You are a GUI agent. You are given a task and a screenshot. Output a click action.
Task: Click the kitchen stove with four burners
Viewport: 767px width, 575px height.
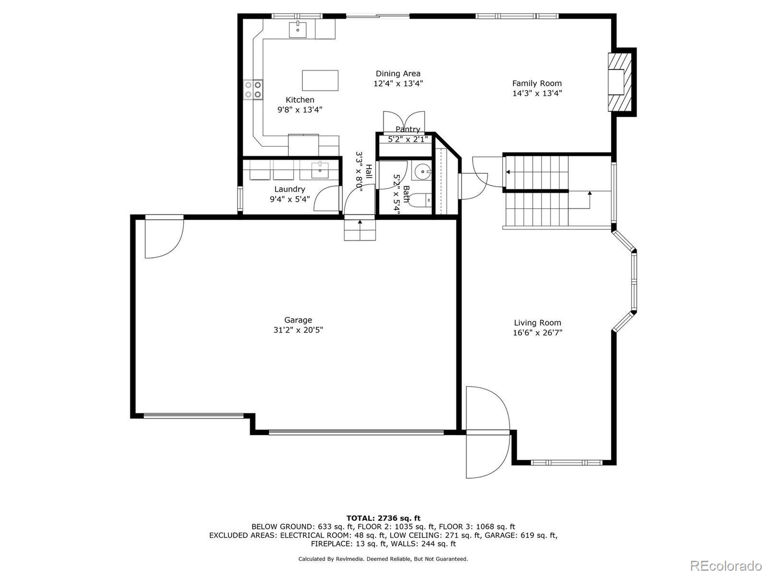253,90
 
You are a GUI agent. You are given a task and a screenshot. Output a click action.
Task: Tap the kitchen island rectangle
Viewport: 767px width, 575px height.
320,80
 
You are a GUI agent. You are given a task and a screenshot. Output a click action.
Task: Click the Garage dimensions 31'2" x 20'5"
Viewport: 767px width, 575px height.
298,330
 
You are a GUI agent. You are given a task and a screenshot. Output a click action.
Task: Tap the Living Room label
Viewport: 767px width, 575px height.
537,323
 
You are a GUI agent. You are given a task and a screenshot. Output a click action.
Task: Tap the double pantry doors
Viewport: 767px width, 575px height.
404,122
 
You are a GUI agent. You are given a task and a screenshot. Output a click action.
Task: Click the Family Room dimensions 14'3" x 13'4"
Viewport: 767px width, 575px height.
537,93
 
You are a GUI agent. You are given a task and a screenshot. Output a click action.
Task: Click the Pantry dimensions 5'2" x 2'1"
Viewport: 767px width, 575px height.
408,139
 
